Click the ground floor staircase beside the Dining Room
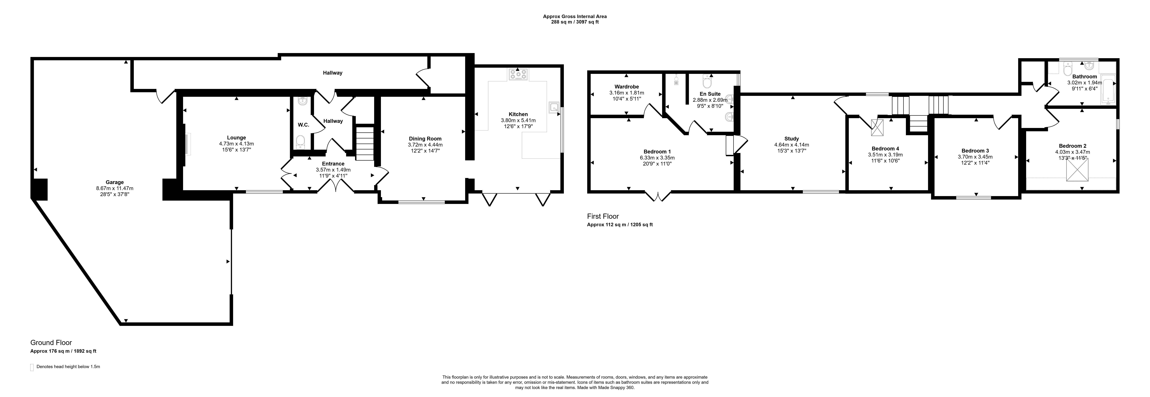click(365, 143)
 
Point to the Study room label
click(792, 138)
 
